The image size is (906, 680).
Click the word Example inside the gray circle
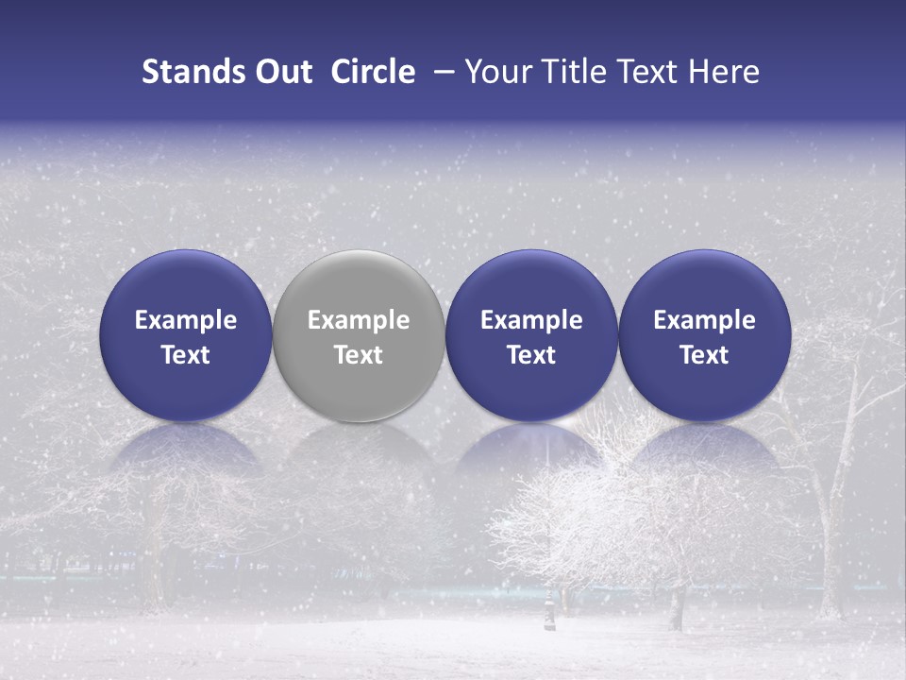[359, 320]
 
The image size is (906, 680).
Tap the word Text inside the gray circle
[359, 355]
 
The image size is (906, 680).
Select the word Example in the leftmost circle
[186, 320]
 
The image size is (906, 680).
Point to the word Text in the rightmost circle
[705, 355]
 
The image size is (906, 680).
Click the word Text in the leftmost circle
[186, 355]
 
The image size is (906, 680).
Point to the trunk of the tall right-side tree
[829, 529]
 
